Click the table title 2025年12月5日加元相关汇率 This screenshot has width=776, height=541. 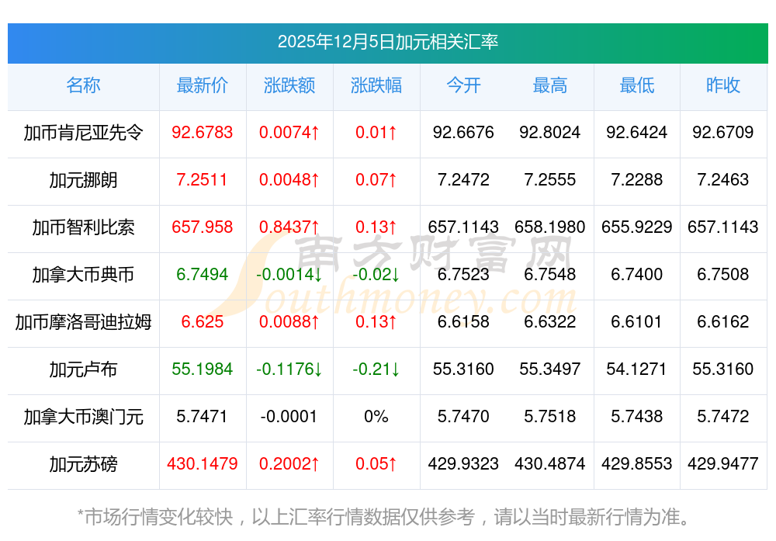[x=387, y=42]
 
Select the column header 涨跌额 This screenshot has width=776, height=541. [x=289, y=85]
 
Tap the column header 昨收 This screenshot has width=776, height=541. [x=722, y=85]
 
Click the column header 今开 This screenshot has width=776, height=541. [x=463, y=85]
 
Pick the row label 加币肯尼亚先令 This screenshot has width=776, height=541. [x=83, y=132]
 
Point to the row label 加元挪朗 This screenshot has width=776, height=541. [x=83, y=179]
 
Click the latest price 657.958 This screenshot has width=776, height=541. [x=202, y=227]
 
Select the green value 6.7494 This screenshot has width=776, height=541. [x=202, y=274]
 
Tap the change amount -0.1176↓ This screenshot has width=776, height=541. [x=289, y=369]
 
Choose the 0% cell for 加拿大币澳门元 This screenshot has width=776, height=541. [x=376, y=416]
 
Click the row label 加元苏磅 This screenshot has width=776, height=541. [x=83, y=463]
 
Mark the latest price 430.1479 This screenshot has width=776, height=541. [x=202, y=463]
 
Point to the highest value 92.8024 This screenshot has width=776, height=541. [x=549, y=132]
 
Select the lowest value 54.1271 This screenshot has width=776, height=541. [x=636, y=369]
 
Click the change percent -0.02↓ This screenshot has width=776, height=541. [x=376, y=274]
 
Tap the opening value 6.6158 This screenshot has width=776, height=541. [x=463, y=321]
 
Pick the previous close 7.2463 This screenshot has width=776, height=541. [x=722, y=179]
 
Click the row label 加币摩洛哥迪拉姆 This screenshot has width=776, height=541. [x=83, y=321]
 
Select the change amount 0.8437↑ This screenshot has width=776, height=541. [x=289, y=227]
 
